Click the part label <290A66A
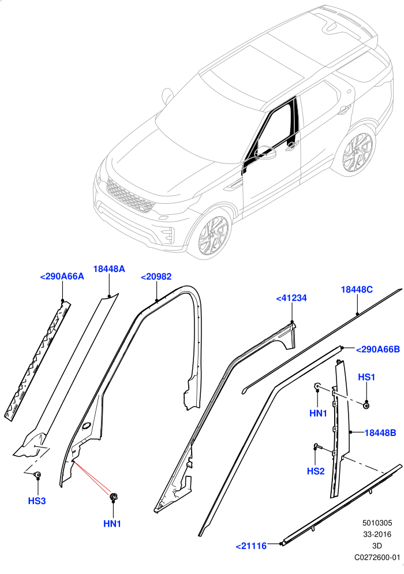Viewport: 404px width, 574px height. coord(62,277)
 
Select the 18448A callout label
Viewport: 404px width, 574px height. coord(109,269)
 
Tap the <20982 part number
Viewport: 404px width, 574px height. coord(156,277)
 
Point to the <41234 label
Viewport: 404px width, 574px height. coord(291,299)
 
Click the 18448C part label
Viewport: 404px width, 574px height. coord(357,289)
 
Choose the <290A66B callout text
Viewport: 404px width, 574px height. coord(378,349)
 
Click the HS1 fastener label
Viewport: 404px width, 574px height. coord(366,377)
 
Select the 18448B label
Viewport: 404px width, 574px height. coord(380,433)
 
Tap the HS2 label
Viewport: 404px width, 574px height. coord(316,471)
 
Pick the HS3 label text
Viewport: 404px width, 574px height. coord(37,501)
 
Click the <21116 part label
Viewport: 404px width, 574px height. coord(251,546)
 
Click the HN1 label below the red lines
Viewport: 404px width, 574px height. coord(112,524)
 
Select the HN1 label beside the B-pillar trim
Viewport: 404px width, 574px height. coord(318,413)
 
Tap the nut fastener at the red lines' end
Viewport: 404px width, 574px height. coord(114,497)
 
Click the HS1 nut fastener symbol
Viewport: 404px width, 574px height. coord(366,405)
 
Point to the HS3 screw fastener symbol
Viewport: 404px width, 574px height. coord(37,475)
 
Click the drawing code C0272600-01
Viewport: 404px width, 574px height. coord(377,557)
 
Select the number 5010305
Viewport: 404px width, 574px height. coord(377,523)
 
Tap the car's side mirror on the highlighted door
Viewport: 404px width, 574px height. coord(267,152)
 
